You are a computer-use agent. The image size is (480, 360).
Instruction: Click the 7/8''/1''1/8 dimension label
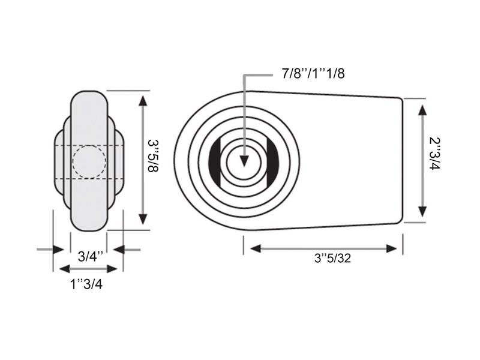click(313, 74)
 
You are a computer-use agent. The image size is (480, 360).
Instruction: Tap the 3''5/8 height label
click(153, 156)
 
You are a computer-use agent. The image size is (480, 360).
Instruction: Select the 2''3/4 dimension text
click(434, 154)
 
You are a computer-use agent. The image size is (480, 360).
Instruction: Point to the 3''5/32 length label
click(333, 259)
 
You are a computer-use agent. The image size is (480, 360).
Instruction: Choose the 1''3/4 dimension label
click(86, 284)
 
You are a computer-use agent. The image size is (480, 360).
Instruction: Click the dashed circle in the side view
click(89, 162)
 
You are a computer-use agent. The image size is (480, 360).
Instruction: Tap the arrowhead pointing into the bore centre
click(244, 161)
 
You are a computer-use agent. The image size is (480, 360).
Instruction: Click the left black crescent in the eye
click(215, 161)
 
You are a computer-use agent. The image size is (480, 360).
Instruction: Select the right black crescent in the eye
click(273, 161)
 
